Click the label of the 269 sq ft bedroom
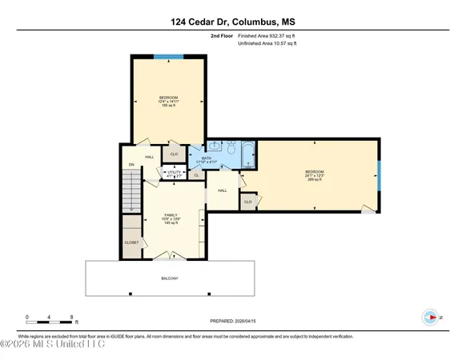point(314,176)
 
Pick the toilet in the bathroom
point(230,149)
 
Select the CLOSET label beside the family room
point(131,242)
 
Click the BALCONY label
point(169,278)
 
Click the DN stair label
point(132,165)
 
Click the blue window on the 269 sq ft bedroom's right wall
point(379,173)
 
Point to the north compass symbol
point(431,318)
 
